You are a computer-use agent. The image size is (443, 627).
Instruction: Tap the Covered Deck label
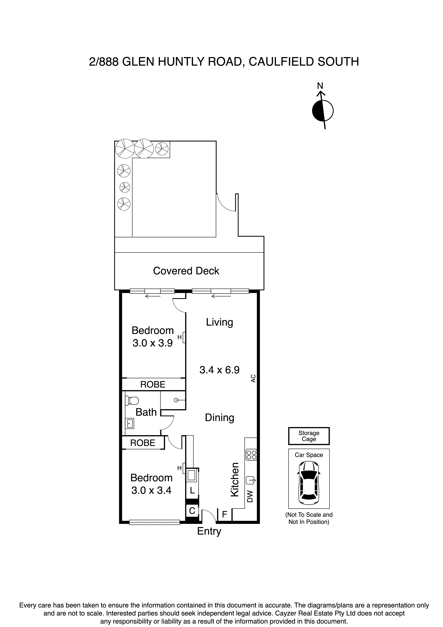tap(186, 271)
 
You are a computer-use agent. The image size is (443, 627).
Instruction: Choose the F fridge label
tap(224, 515)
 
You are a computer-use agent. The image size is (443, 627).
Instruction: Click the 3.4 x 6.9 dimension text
tap(220, 370)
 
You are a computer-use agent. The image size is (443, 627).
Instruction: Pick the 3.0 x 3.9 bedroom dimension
tap(153, 343)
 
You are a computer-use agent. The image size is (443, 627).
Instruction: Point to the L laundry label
tap(192, 491)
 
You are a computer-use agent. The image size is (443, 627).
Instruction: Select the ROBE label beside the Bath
tap(143, 443)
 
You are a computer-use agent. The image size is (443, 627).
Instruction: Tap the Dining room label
tap(220, 418)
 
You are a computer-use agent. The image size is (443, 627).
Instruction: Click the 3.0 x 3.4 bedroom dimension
tap(151, 490)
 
